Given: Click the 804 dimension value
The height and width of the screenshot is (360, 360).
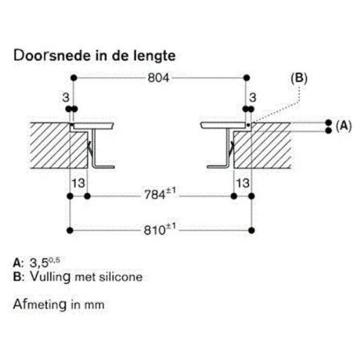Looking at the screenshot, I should [160, 79].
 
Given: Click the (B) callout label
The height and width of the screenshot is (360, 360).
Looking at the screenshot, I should [298, 78].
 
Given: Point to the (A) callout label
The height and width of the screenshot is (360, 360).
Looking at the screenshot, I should [343, 125].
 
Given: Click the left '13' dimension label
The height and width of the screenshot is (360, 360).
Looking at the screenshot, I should [79, 182].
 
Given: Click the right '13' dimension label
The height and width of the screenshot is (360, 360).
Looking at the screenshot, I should [242, 182].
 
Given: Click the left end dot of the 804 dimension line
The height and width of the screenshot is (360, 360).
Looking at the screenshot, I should [73, 78].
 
